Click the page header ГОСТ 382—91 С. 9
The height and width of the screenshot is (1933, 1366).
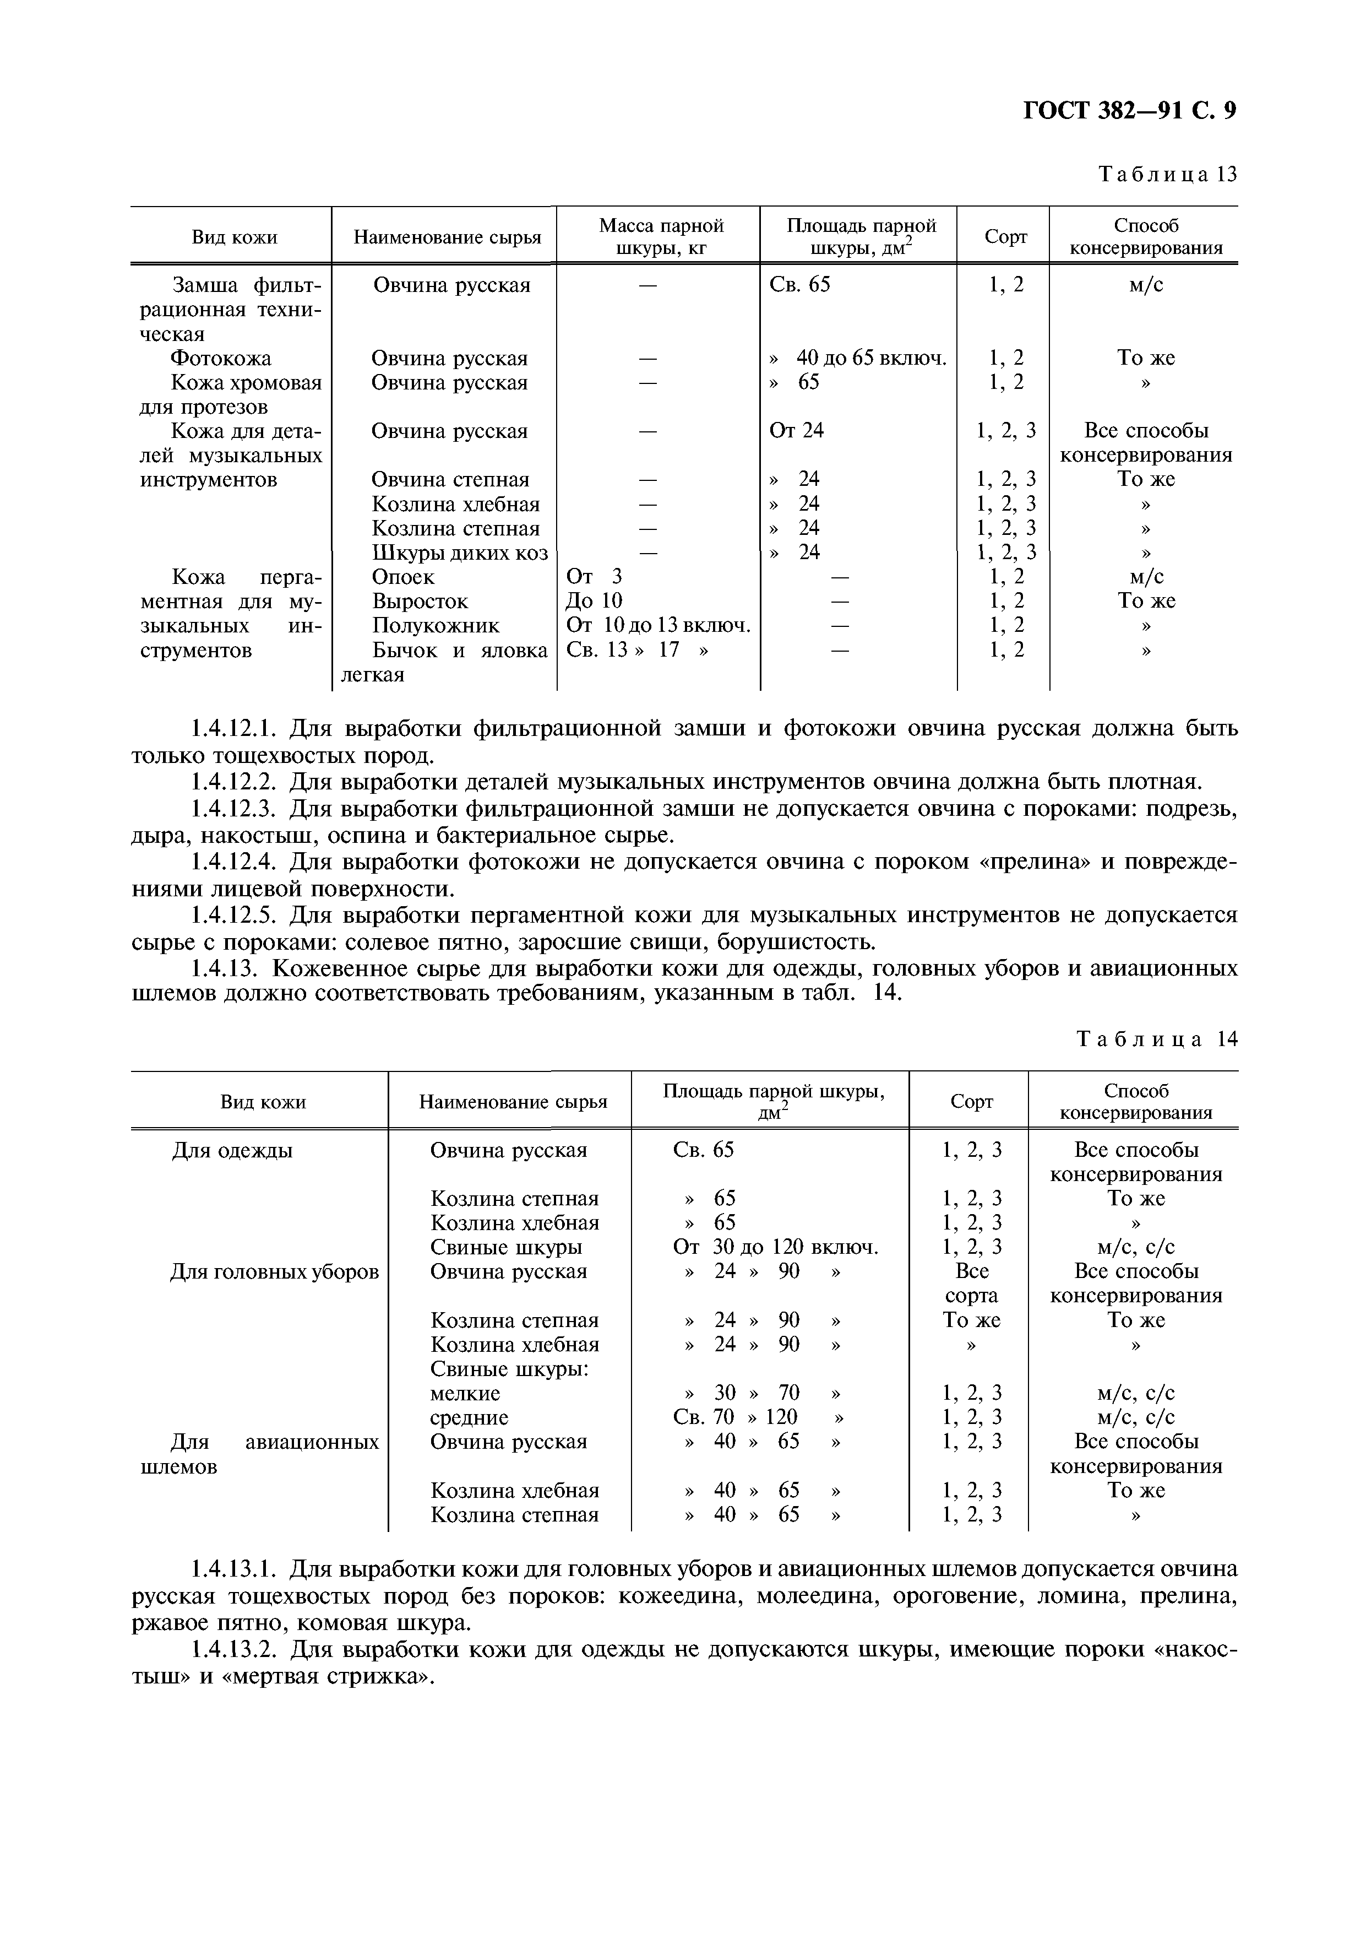[x=1129, y=111]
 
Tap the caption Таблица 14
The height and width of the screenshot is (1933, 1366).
[x=1157, y=1039]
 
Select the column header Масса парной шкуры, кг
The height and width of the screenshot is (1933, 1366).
[x=661, y=236]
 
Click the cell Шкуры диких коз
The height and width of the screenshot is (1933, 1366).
[x=460, y=553]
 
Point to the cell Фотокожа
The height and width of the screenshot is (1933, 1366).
[x=221, y=359]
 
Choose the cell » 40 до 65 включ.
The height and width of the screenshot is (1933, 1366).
[x=858, y=359]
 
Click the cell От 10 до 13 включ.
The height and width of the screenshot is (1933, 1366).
[x=658, y=626]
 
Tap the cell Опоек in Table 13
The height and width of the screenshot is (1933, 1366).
[x=403, y=577]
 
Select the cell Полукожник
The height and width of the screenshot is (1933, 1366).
[x=435, y=626]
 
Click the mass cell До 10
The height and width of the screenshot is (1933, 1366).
[x=594, y=601]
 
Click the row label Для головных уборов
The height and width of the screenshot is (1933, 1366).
[x=274, y=1272]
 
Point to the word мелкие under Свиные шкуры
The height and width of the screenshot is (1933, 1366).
[x=465, y=1393]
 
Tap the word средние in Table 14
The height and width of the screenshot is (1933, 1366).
[x=469, y=1418]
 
